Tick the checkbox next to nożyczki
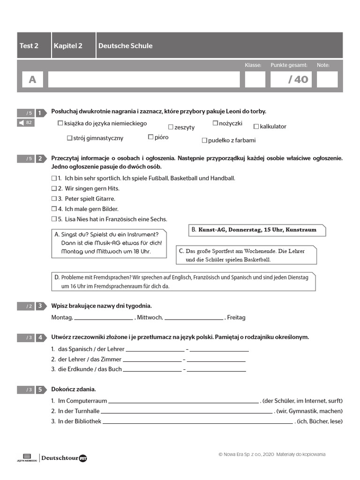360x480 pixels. [216, 123]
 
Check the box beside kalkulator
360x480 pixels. [256, 126]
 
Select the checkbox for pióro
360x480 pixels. [151, 137]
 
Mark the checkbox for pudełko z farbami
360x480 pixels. [204, 140]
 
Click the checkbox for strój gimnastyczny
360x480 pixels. [70, 138]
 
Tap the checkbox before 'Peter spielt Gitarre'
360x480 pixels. [53, 199]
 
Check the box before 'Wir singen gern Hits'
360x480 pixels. [53, 188]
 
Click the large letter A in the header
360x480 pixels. [32, 80]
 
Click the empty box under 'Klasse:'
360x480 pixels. [255, 79]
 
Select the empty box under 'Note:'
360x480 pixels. [327, 79]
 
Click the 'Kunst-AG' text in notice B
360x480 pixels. [212, 230]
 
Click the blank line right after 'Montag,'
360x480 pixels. [104, 318]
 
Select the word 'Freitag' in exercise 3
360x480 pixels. [236, 317]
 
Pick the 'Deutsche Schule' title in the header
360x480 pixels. [125, 45]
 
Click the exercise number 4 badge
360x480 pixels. [41, 337]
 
